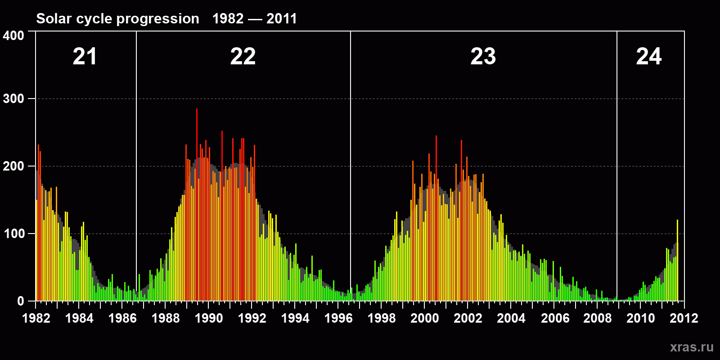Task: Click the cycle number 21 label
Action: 85,57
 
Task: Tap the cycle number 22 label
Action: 243,57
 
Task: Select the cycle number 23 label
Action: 483,57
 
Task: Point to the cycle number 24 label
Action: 648,57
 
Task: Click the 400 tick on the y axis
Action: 13,36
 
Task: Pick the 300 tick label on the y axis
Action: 13,99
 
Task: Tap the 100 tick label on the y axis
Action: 13,234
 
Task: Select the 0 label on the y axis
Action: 21,301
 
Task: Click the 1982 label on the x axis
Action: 36,319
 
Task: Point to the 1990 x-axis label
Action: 209,319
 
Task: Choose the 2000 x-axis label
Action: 425,319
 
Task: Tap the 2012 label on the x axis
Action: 684,319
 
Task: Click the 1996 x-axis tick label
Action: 338,319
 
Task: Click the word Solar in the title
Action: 54,19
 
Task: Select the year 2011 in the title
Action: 282,19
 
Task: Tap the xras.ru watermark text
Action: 692,347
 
